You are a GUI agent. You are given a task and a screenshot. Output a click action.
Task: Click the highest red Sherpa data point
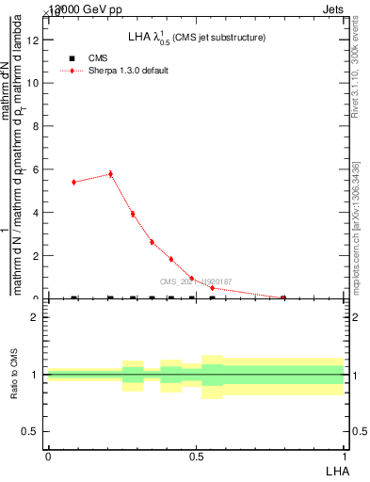click(x=110, y=173)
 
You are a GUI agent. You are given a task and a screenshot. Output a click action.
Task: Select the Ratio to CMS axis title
click(x=15, y=375)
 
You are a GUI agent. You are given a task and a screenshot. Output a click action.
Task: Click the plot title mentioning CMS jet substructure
click(x=196, y=38)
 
